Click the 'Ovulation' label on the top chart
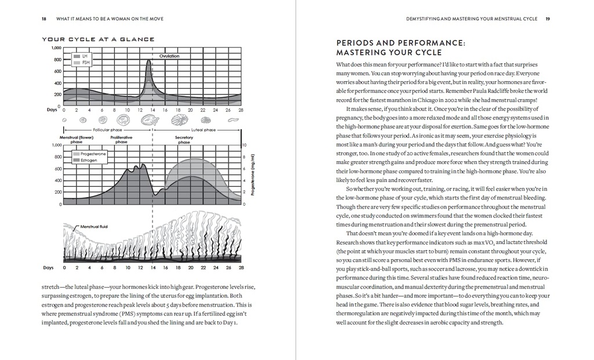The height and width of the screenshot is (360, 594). coord(169,56)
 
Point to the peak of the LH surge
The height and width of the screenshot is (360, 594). coord(148,60)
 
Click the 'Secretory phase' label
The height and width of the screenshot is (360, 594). coord(184,140)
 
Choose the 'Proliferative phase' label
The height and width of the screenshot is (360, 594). coord(121,140)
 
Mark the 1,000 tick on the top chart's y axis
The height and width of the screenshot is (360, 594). coord(56,48)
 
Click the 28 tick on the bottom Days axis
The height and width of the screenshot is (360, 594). coord(241,268)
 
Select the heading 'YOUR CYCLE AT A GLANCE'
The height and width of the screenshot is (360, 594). coord(98,39)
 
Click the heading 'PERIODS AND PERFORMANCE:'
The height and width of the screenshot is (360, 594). coord(401,43)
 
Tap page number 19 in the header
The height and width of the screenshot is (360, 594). coord(548,19)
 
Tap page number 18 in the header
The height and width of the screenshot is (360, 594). coord(45,19)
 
